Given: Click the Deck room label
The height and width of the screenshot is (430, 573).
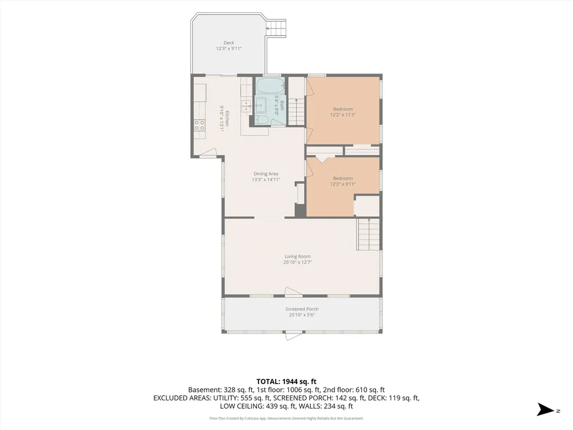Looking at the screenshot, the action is coord(229,43).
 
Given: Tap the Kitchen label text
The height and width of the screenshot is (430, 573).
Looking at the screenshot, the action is coord(227,119).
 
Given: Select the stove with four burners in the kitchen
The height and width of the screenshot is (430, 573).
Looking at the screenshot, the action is coord(200,125).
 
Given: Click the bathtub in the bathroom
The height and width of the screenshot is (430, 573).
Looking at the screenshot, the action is coord(270,86).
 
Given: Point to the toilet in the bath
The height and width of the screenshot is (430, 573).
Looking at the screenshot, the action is coord(261,120).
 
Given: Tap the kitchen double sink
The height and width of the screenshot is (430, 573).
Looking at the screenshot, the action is coord(246,105).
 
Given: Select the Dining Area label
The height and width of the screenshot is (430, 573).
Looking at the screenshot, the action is coord(266,174).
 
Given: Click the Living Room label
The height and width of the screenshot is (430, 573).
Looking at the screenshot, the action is coord(298,256).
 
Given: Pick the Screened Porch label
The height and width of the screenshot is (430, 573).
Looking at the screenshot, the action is coord(302,309).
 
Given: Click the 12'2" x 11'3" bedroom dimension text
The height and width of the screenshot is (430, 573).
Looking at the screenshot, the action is coord(343,115).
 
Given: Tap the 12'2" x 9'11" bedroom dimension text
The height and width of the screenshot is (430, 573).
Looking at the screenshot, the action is coord(343,184).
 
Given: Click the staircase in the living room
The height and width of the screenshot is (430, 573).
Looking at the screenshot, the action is coord(368,234).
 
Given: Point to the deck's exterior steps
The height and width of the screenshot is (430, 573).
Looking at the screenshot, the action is coord(276,28).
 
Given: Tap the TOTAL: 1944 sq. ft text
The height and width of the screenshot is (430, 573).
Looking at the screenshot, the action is coord(286,382).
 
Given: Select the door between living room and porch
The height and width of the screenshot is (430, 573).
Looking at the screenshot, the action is coord(293,291).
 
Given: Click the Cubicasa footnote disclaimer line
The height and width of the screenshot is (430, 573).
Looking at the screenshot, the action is coord(286,418).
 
